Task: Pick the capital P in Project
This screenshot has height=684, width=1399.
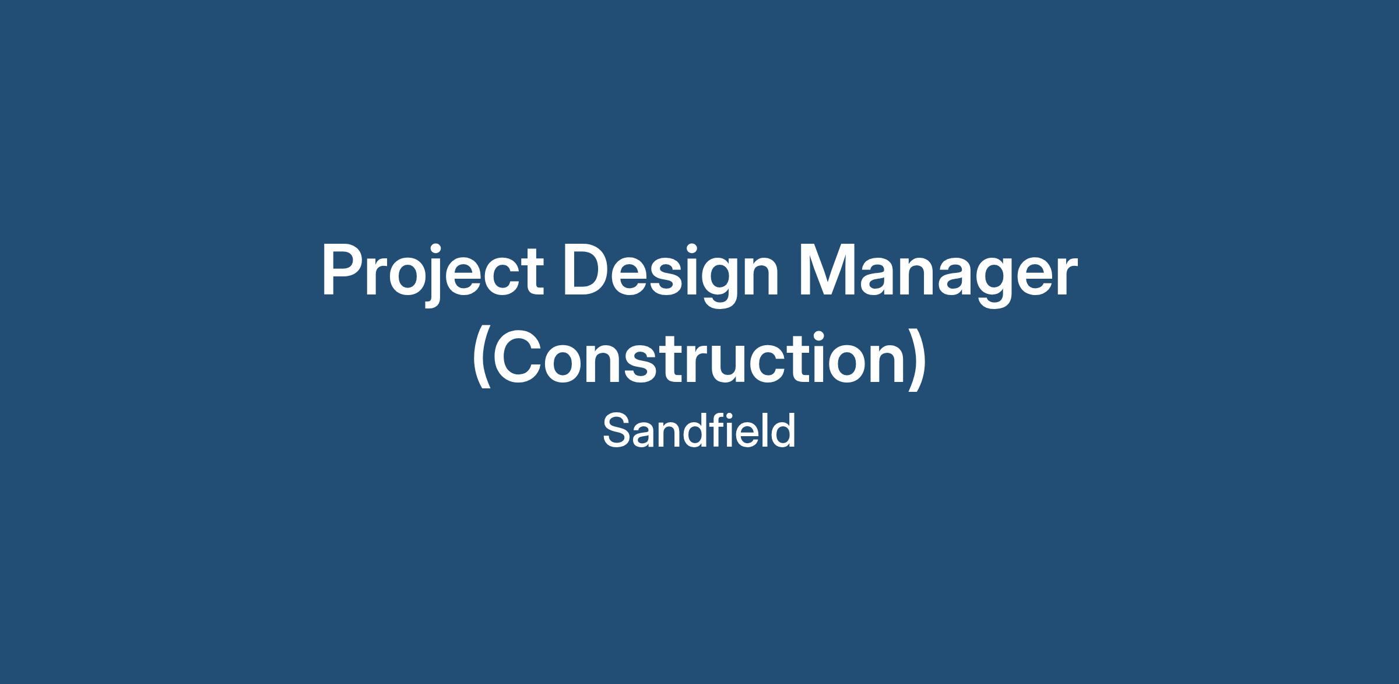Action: pyautogui.click(x=343, y=271)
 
